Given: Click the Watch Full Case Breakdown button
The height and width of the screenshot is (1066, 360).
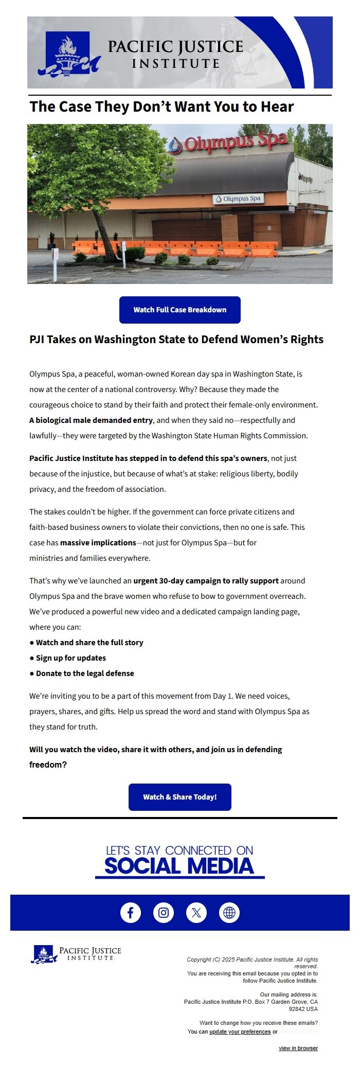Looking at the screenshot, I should click(180, 310).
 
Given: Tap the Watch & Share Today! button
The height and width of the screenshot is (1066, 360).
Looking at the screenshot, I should click(180, 797).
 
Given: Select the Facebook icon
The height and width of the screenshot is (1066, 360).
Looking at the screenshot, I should click(131, 913).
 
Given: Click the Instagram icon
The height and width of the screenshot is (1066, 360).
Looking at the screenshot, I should click(164, 913).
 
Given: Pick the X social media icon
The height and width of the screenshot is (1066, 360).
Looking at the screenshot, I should click(196, 913).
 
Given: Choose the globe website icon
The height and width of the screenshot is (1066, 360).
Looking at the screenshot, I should click(229, 913).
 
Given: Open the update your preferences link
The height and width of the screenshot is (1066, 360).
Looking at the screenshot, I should click(240, 1032).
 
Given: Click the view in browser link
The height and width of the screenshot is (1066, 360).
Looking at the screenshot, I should click(298, 1048).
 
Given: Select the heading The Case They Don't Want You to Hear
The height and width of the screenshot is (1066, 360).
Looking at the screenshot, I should click(161, 106).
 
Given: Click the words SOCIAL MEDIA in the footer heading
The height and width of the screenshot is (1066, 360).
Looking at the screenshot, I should click(179, 866).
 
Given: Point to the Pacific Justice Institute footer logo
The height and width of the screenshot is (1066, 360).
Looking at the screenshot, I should click(76, 954).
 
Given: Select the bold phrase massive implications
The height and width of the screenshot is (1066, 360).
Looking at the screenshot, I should click(98, 543).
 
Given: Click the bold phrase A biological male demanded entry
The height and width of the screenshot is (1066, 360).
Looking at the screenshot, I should click(91, 420).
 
